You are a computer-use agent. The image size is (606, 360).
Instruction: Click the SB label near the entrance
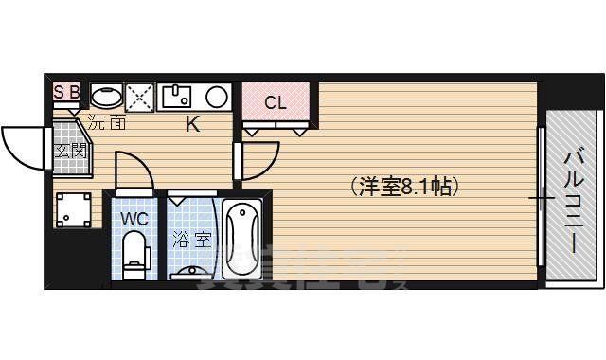tap(66, 92)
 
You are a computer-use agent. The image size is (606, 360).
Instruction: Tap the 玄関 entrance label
tap(68, 151)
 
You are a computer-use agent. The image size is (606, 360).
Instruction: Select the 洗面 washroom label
tap(107, 121)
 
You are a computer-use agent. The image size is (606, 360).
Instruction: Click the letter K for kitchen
tap(191, 123)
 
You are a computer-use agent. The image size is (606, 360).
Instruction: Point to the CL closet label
tap(275, 101)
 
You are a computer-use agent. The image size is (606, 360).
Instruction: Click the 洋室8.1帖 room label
tap(404, 187)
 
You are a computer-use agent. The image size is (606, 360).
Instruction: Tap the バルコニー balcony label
tap(574, 201)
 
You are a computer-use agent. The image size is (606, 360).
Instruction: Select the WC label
tap(135, 218)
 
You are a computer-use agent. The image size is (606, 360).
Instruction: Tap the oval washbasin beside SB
tap(105, 96)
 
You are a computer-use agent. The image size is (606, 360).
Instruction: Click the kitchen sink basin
tap(176, 97)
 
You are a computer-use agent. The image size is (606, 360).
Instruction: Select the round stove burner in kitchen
tap(217, 97)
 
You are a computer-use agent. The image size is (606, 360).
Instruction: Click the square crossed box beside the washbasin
tap(140, 97)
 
